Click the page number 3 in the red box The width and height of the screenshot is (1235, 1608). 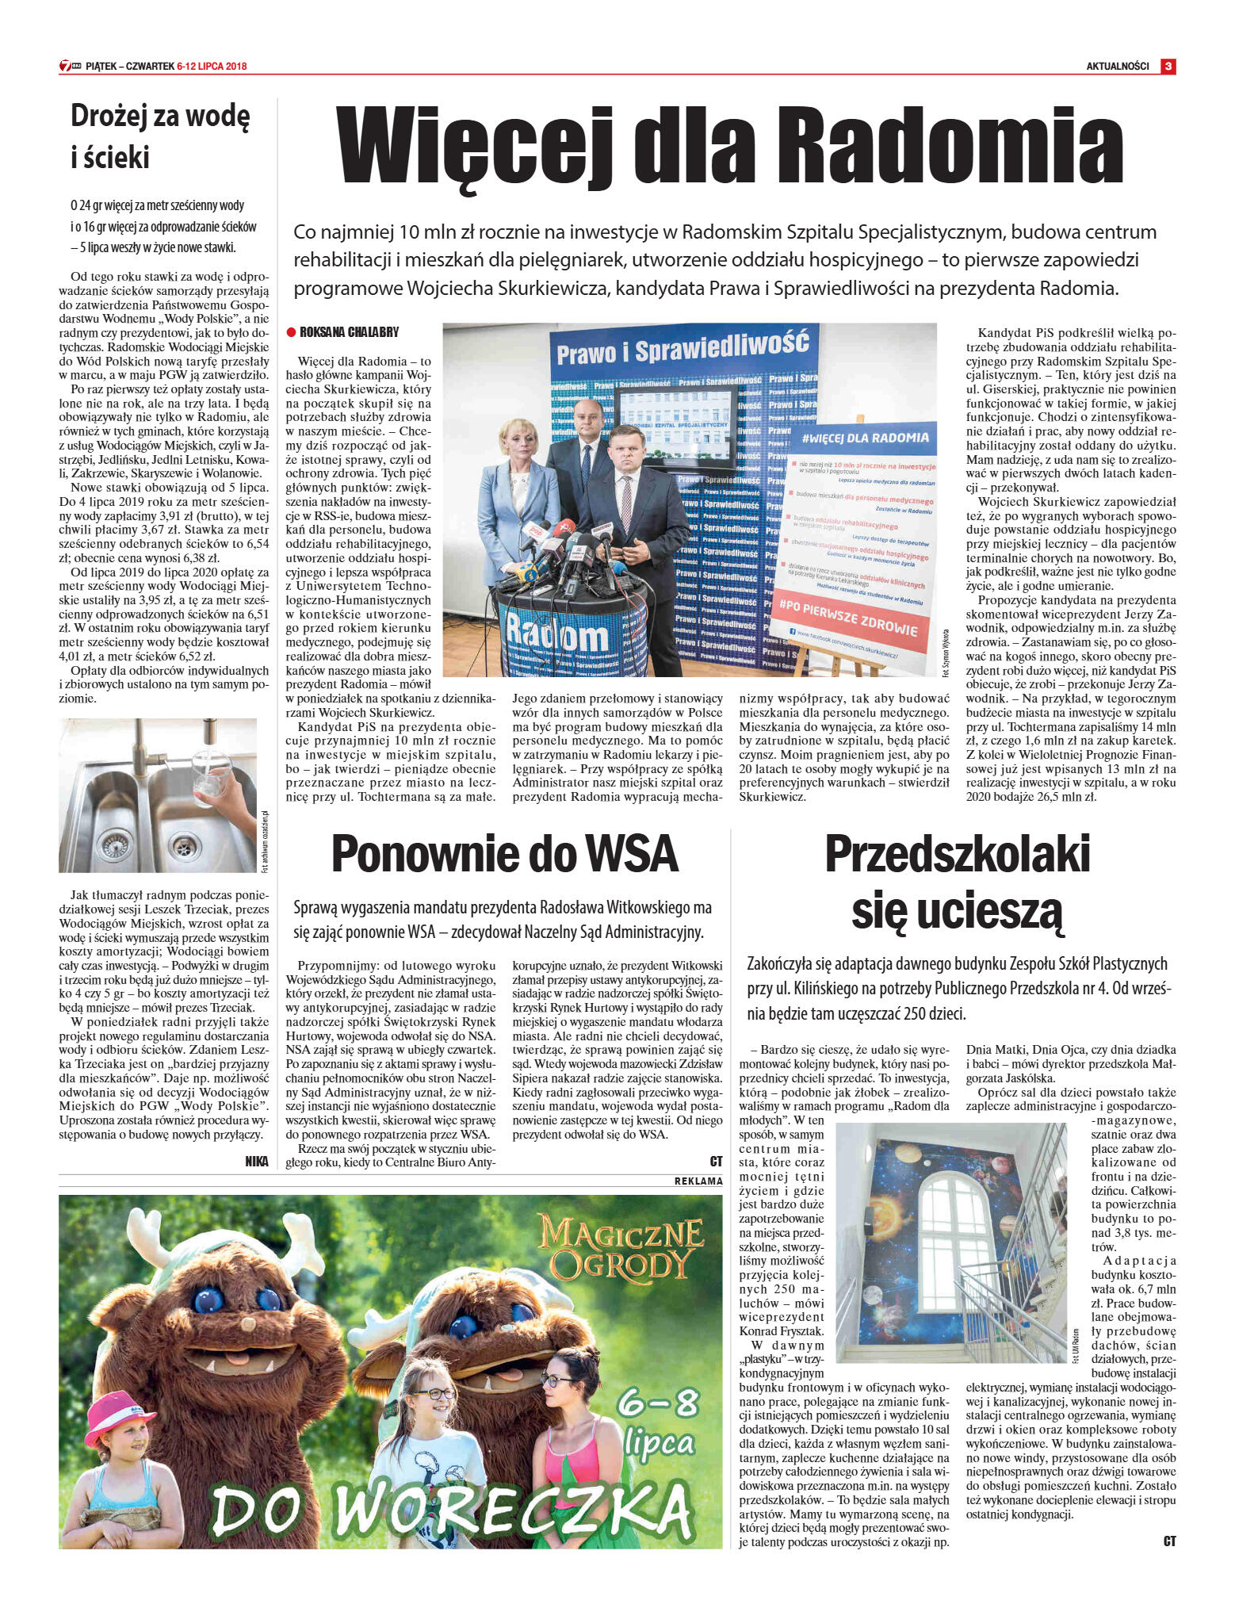click(x=1168, y=67)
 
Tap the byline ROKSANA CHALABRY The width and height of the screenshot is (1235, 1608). click(x=350, y=332)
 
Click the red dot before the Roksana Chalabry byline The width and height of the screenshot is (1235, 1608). click(x=291, y=332)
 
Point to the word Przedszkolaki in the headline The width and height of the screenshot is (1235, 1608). click(x=957, y=855)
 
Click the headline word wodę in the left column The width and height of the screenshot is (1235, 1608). click(x=216, y=117)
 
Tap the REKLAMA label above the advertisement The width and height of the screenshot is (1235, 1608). click(x=698, y=1181)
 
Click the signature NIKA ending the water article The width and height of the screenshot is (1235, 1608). click(x=257, y=1162)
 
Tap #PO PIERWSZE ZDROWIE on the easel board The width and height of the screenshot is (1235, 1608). click(x=848, y=620)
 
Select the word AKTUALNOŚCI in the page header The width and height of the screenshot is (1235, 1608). click(x=1117, y=67)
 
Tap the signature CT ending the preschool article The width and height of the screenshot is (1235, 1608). click(x=1169, y=1541)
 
